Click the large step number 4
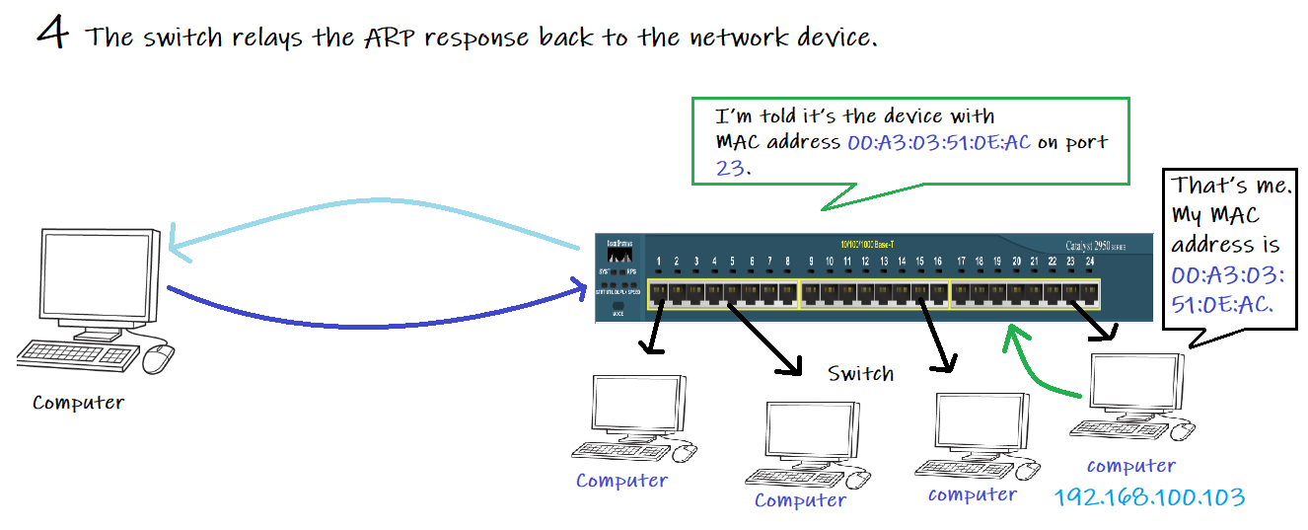(x=52, y=36)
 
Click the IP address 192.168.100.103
(x=1149, y=496)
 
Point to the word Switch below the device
(x=860, y=374)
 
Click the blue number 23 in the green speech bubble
(x=730, y=168)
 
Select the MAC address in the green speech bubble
(x=938, y=142)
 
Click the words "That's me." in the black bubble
(x=1232, y=186)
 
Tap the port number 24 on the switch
(x=1090, y=262)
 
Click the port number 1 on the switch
(x=658, y=262)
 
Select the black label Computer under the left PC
(x=78, y=403)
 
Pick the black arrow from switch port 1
(x=651, y=326)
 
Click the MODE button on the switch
(x=618, y=307)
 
